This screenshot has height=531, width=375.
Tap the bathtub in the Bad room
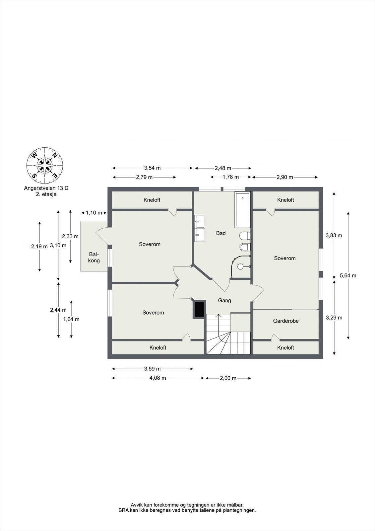click(x=243, y=209)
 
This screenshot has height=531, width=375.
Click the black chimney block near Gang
click(x=199, y=309)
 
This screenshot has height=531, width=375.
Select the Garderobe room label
click(x=286, y=321)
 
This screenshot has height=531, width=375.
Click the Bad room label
click(x=221, y=233)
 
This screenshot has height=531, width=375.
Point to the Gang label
click(x=224, y=301)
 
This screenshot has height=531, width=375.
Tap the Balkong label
click(x=94, y=257)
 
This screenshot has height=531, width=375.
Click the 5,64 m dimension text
click(x=348, y=275)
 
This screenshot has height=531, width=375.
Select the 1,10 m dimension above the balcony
click(x=94, y=213)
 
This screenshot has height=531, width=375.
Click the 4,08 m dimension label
click(x=158, y=378)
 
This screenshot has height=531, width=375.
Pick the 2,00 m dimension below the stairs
click(x=228, y=378)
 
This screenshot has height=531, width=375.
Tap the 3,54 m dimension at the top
click(x=152, y=168)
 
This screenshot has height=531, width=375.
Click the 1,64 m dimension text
click(x=71, y=319)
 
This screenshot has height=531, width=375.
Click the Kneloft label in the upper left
click(x=152, y=200)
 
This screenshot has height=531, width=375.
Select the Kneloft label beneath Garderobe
click(x=285, y=348)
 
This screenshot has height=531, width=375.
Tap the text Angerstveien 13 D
click(x=46, y=188)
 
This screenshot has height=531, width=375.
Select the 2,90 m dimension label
click(x=285, y=177)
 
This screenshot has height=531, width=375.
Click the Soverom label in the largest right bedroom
click(x=284, y=258)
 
